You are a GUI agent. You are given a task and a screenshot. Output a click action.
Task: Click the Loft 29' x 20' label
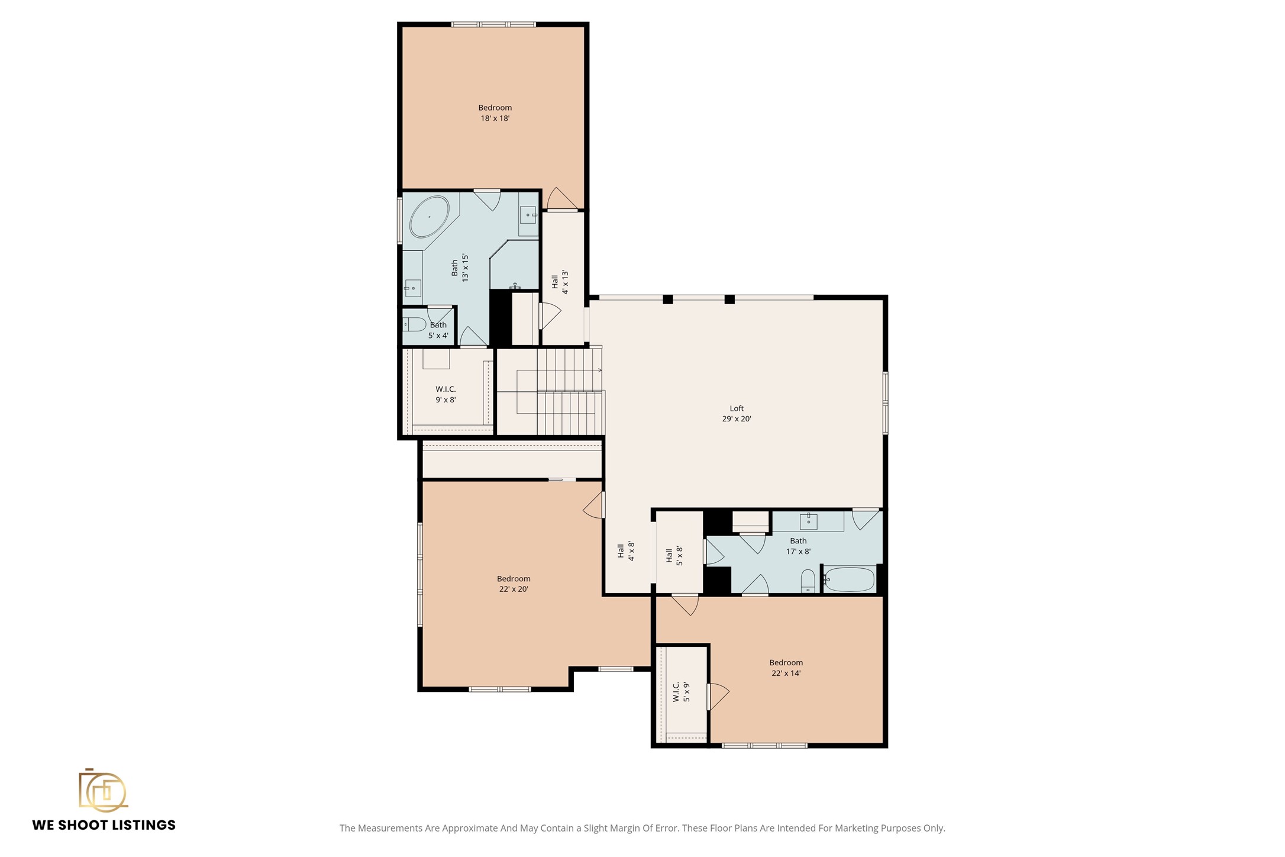pos(737,414)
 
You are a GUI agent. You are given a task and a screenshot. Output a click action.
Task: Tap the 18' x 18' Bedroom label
pos(495,113)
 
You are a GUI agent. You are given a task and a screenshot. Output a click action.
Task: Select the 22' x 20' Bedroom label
pos(514,584)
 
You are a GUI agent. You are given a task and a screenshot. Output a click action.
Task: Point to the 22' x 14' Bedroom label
pos(786,668)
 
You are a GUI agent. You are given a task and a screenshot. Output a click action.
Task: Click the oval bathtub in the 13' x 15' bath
pos(430,217)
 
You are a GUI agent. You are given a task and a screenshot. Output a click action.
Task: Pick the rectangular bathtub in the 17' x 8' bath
pos(849,579)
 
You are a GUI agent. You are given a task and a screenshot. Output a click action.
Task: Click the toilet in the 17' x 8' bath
pos(808,581)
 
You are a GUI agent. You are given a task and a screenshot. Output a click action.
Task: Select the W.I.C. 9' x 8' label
pos(445,394)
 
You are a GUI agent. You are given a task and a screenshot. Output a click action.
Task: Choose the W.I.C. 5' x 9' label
pos(682,692)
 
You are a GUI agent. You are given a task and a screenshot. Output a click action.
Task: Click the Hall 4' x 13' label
pos(560,282)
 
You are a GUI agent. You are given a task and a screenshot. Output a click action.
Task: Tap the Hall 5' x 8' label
pos(674,556)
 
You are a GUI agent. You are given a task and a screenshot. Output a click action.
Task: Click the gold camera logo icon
pos(103,790)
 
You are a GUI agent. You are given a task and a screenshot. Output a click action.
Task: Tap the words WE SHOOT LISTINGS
pos(104,825)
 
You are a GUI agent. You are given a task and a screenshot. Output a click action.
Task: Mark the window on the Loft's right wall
pos(886,402)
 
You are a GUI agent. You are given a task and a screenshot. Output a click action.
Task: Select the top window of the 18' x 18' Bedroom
pos(493,24)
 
